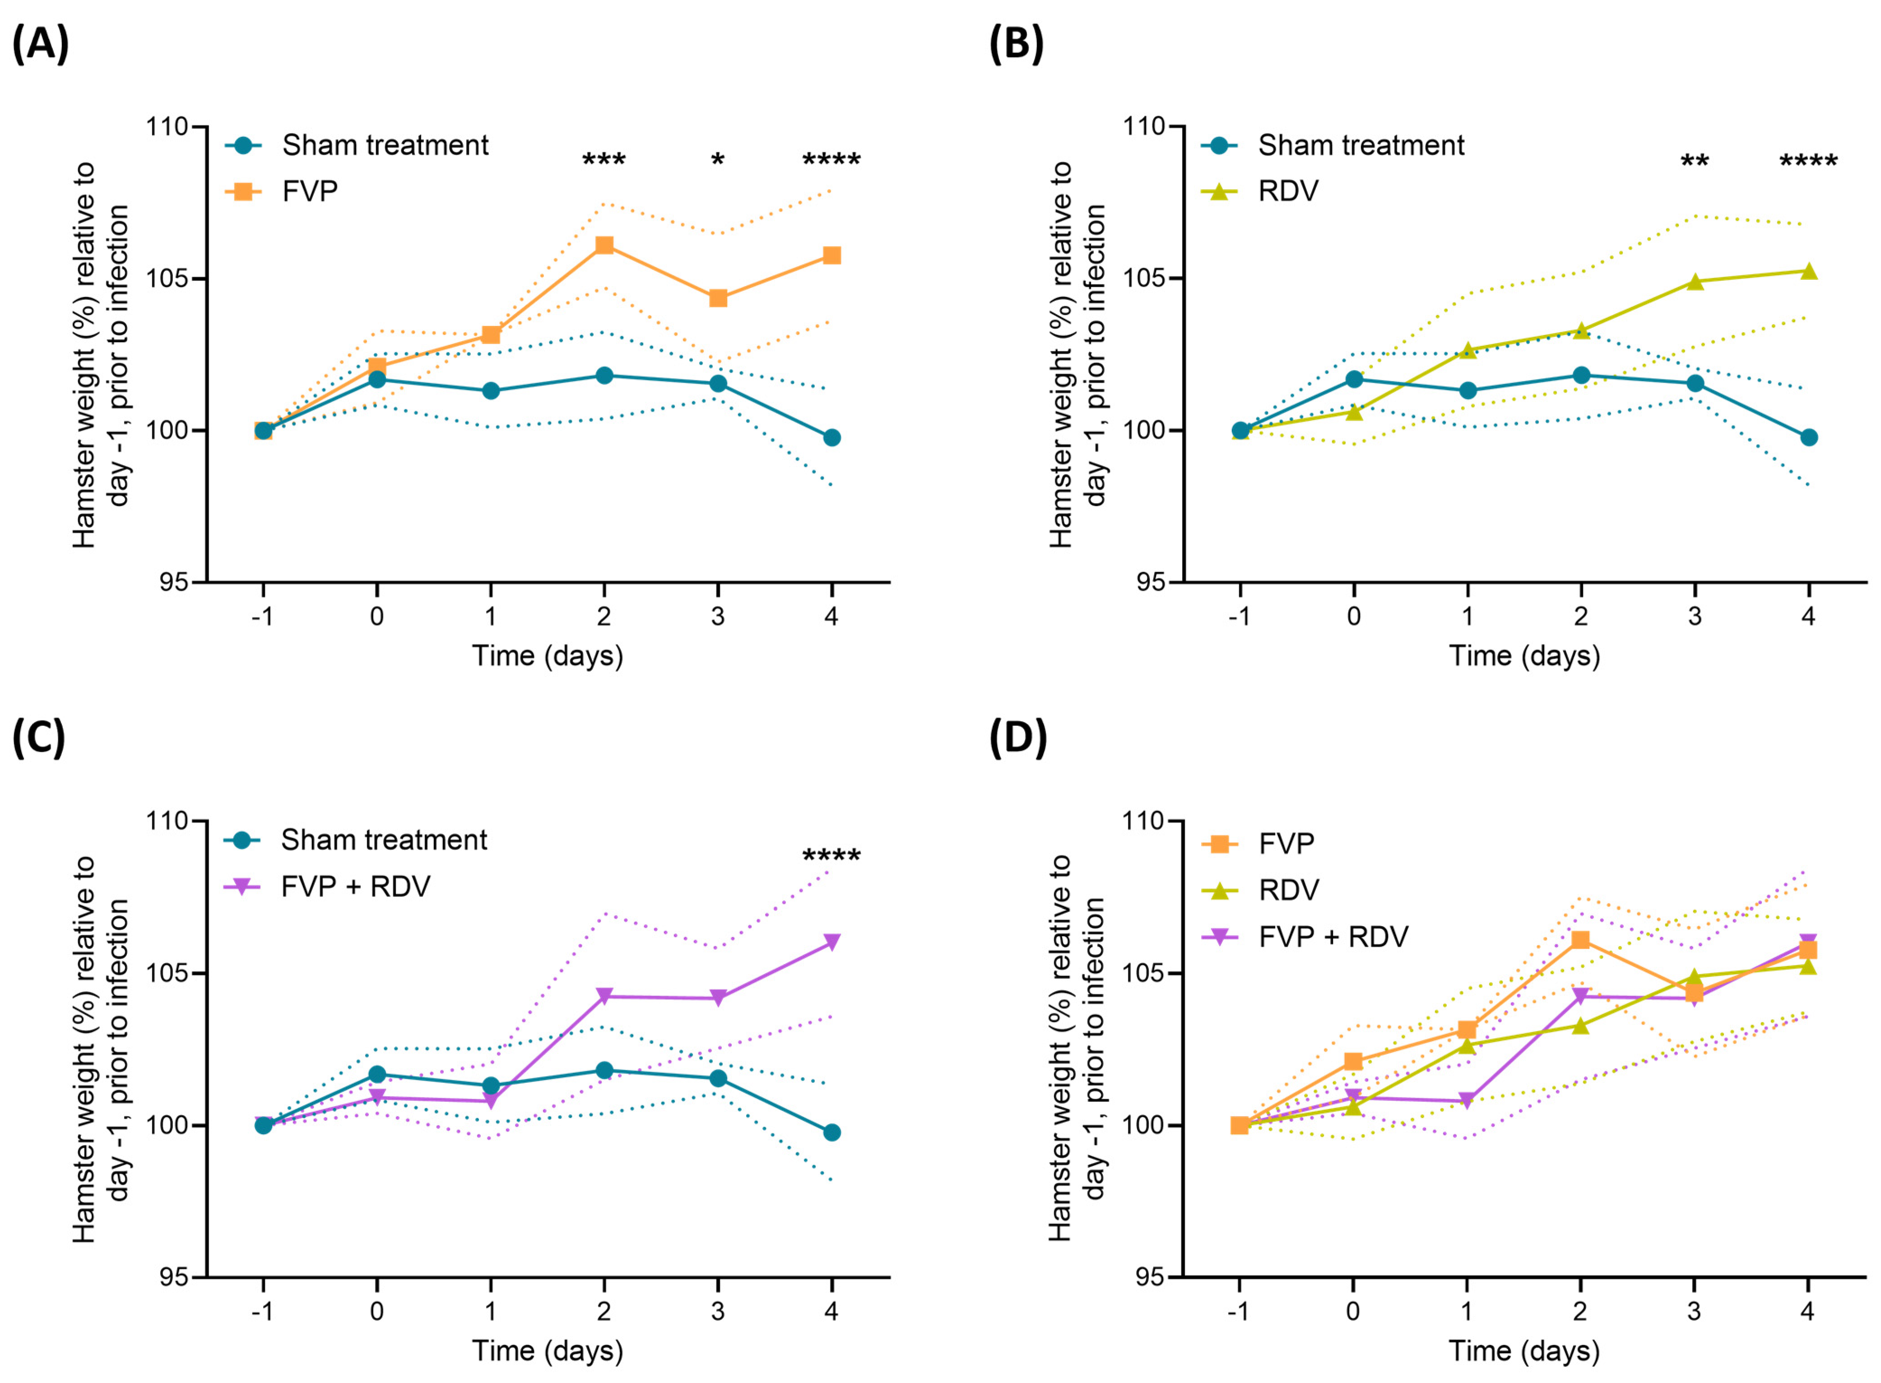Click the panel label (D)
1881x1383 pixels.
pyautogui.click(x=1018, y=739)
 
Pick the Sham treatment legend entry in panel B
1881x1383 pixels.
pyautogui.click(x=1333, y=146)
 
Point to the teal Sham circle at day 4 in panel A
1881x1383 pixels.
pyautogui.click(x=831, y=438)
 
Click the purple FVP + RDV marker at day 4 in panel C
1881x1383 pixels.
pyautogui.click(x=831, y=942)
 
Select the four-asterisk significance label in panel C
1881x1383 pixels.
pyautogui.click(x=831, y=856)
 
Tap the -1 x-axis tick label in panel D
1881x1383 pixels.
pyautogui.click(x=1239, y=1311)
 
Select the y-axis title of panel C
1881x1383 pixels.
pyautogui.click(x=101, y=1049)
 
